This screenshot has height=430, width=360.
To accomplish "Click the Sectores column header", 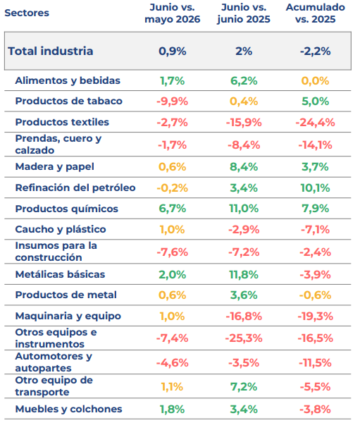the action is pyautogui.click(x=27, y=13).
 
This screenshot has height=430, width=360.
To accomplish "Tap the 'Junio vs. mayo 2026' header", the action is pyautogui.click(x=173, y=13).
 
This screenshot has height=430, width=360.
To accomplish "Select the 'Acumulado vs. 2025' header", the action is pyautogui.click(x=316, y=13).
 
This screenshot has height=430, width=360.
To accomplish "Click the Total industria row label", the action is pyautogui.click(x=51, y=51).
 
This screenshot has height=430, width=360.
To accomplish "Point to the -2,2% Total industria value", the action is pyautogui.click(x=316, y=51).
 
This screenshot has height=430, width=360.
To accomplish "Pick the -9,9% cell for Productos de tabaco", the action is pyautogui.click(x=173, y=102).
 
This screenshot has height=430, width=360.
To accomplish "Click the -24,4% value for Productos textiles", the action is pyautogui.click(x=316, y=123).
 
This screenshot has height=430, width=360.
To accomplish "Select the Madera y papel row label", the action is pyautogui.click(x=55, y=167).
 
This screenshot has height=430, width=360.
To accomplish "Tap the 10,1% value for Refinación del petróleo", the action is pyautogui.click(x=316, y=188).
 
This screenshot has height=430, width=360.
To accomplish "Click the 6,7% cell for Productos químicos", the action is pyautogui.click(x=173, y=209).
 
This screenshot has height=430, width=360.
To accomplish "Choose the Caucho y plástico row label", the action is pyautogui.click(x=61, y=229).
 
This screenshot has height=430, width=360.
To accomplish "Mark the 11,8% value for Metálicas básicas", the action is pyautogui.click(x=244, y=274).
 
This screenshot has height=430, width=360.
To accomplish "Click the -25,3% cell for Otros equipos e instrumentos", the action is pyautogui.click(x=244, y=338).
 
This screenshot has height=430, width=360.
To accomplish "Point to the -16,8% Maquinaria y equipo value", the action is pyautogui.click(x=244, y=317).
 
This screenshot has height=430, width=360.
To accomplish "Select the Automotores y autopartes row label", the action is pyautogui.click(x=54, y=362).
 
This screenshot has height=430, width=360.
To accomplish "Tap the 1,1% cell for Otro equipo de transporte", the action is pyautogui.click(x=173, y=387).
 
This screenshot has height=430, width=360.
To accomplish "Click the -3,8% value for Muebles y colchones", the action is pyautogui.click(x=316, y=410).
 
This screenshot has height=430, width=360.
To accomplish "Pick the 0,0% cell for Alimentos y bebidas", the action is pyautogui.click(x=316, y=81).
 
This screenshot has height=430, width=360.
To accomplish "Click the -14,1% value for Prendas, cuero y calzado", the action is pyautogui.click(x=316, y=145).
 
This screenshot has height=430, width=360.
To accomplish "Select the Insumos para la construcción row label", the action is pyautogui.click(x=56, y=252).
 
